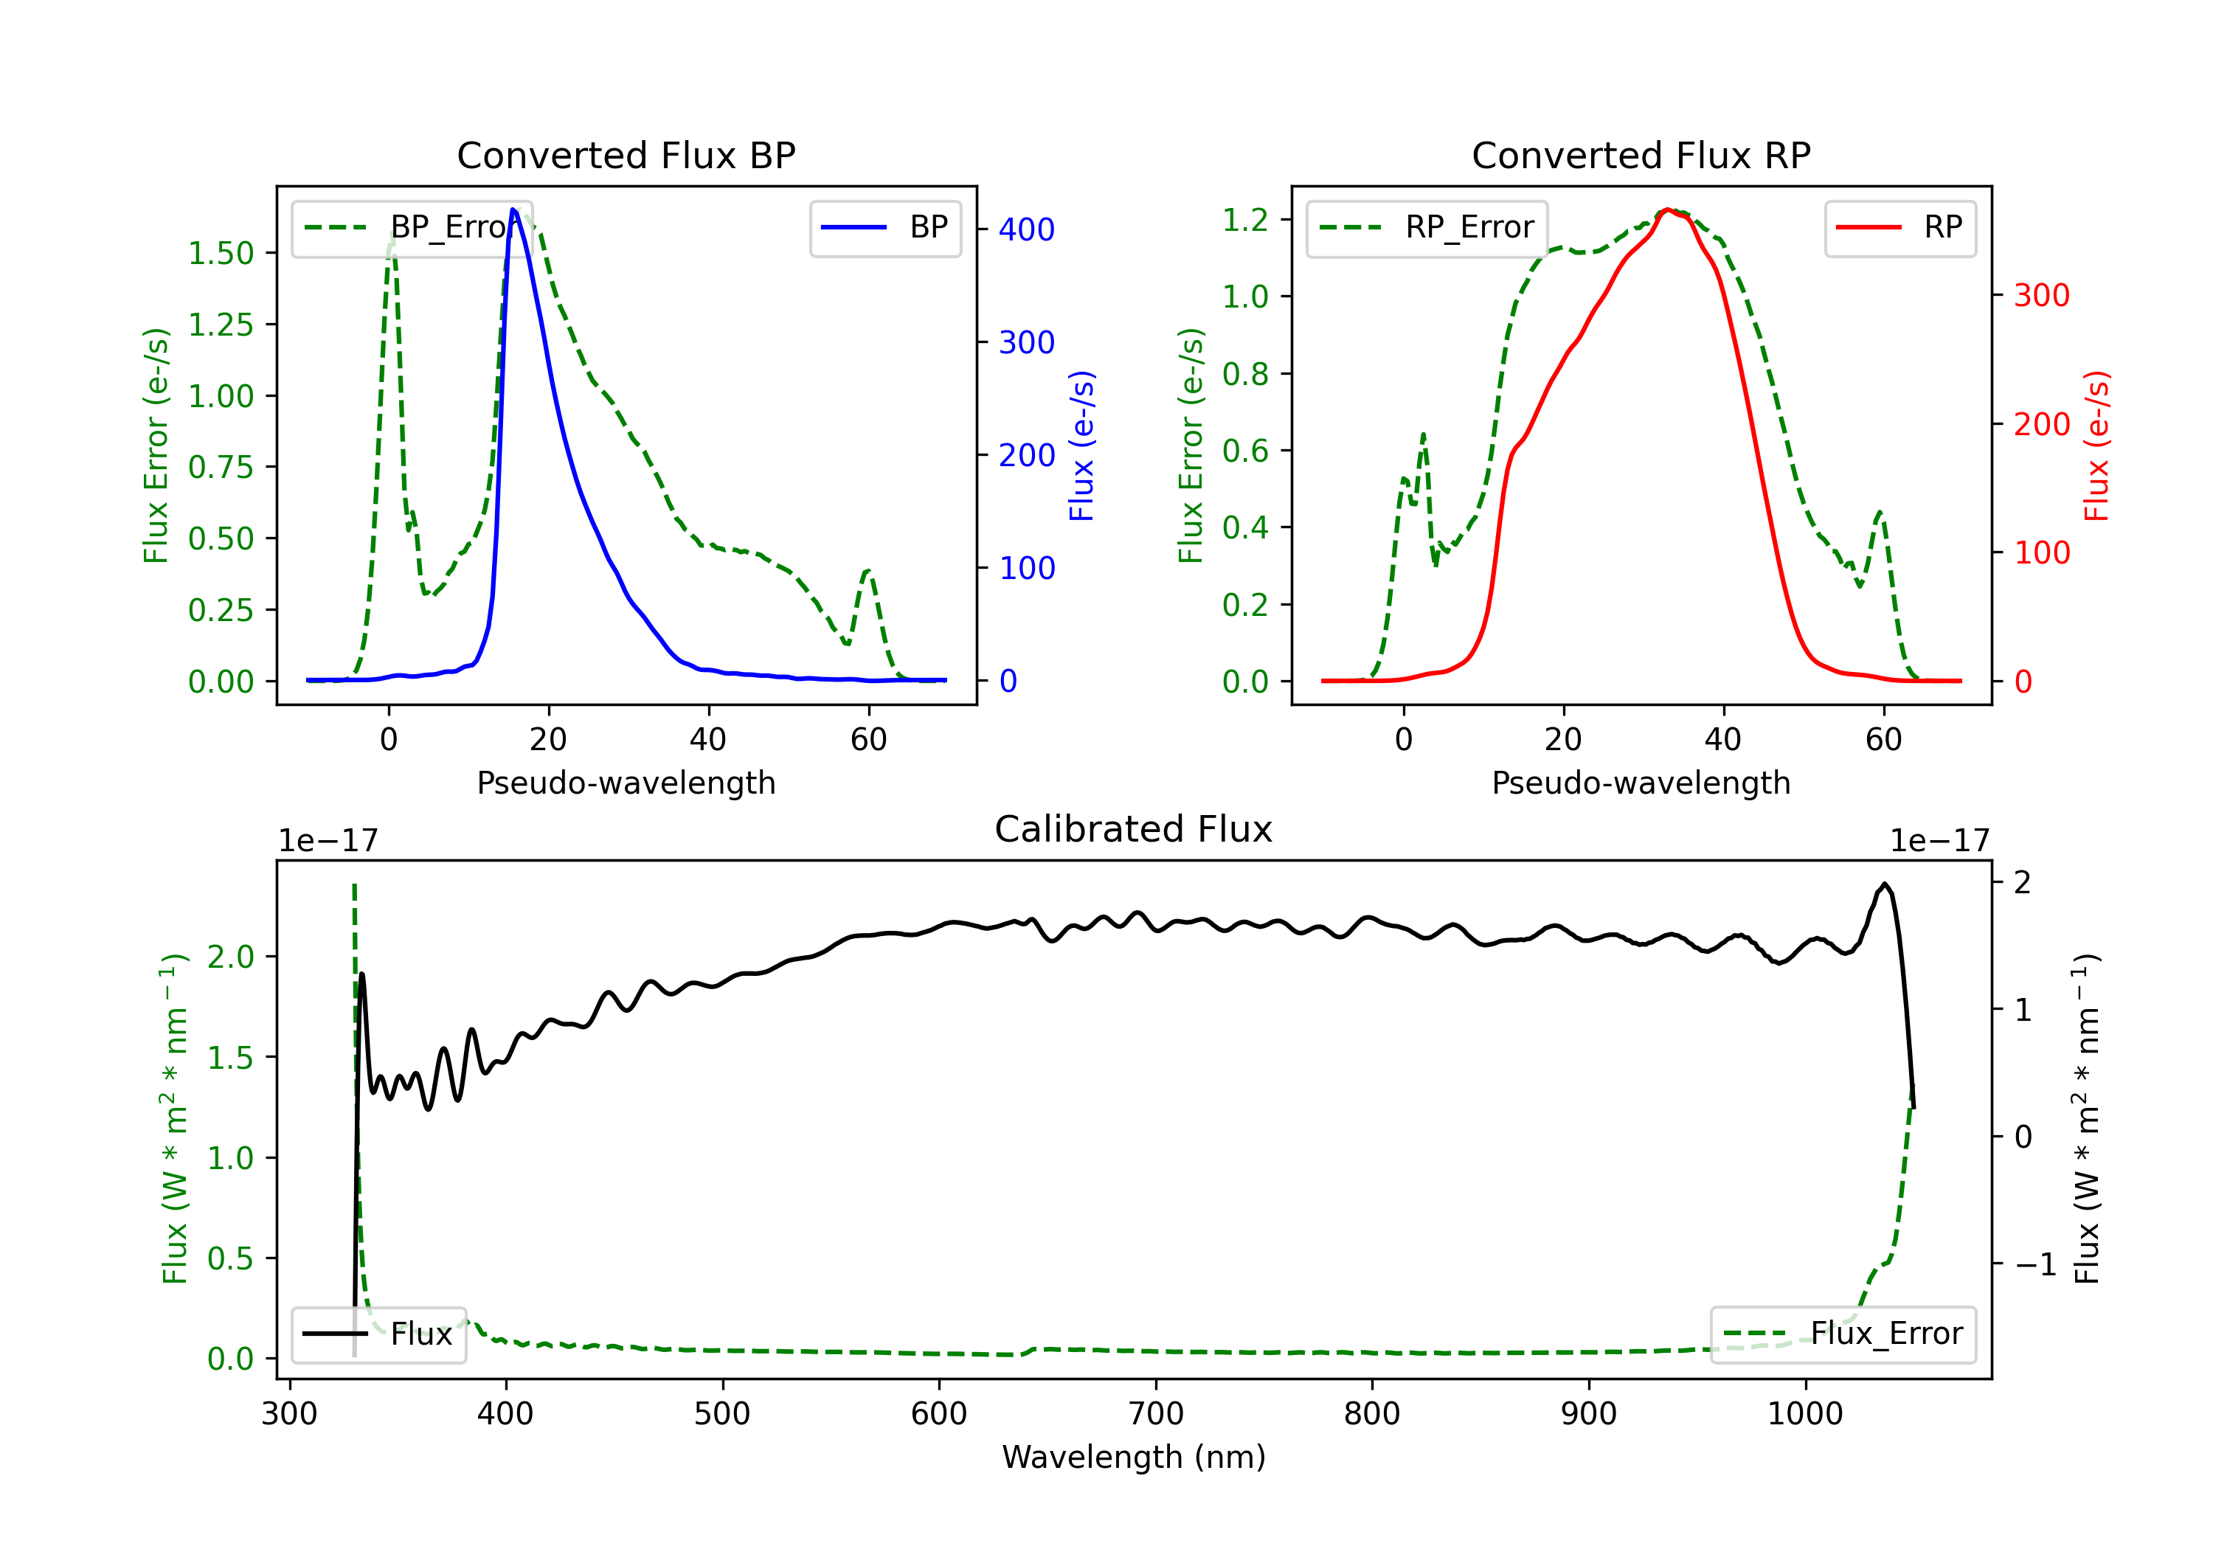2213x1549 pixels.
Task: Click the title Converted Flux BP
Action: tap(626, 155)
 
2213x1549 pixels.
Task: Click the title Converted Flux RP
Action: tap(1641, 155)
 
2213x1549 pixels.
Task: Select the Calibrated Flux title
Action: tap(1134, 829)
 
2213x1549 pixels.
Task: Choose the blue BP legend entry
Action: tap(884, 227)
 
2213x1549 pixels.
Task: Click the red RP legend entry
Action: tap(1899, 227)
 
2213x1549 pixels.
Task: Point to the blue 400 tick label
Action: tap(1027, 229)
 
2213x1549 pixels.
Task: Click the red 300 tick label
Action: tap(2041, 295)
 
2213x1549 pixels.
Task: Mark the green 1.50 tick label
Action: tap(221, 254)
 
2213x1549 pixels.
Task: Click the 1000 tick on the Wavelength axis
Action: tap(1804, 1414)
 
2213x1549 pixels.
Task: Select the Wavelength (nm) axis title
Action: tap(1134, 1457)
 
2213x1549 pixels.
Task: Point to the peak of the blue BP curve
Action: tap(513, 209)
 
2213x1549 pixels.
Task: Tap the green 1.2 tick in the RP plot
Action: tap(1245, 220)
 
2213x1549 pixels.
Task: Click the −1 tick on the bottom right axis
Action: tap(2034, 1264)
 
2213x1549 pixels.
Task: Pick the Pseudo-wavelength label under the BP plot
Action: tap(626, 783)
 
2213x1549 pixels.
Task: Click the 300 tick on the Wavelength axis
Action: tap(289, 1414)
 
